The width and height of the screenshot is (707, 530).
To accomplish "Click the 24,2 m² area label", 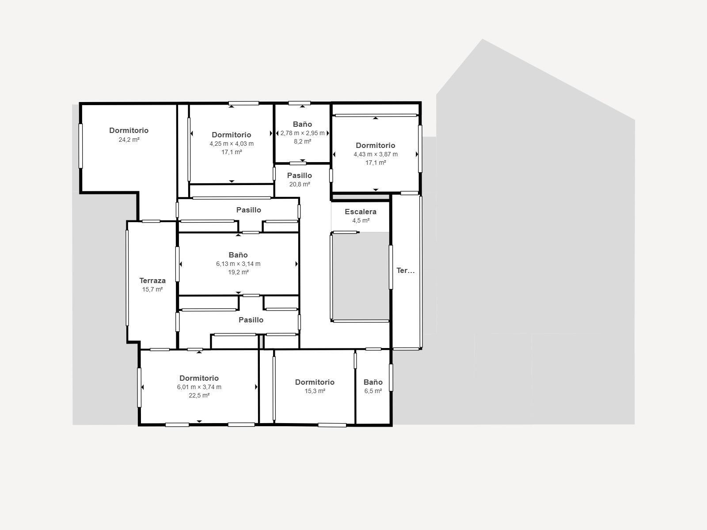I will coord(129,140).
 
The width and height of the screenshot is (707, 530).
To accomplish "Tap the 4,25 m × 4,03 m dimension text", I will coord(232,144).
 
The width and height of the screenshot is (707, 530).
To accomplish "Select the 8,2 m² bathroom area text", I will coord(302,142).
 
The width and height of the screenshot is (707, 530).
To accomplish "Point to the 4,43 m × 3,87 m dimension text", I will coord(376,154).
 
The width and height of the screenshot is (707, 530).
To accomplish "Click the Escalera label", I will coord(361,212).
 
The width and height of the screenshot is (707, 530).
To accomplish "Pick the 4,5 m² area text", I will coord(361,220).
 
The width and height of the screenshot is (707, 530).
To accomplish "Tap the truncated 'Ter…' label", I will coord(405,271).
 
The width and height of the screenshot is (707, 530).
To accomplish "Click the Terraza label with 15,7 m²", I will coord(152,280).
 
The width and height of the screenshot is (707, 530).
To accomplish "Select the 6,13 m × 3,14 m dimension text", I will coord(238,264).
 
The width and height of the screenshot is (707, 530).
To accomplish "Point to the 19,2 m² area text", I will coord(238,272).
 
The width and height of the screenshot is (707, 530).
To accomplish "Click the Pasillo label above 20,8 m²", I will coord(300,175).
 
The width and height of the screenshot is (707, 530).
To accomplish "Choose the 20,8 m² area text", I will coord(300,184).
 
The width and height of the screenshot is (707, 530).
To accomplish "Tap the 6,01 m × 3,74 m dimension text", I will coord(199,387).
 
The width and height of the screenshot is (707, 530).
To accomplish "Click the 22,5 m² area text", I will coord(199,395).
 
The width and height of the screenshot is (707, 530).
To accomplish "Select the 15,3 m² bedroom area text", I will coord(315,391).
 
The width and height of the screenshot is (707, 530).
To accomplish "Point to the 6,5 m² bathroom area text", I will coord(373,391).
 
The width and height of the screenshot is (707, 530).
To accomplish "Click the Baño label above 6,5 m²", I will coord(373,382).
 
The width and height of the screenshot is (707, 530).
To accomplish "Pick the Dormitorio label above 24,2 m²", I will coord(129,130).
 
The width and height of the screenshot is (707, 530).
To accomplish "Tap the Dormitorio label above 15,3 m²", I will coord(315,382).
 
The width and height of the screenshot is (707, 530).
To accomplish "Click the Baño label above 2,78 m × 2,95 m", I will coord(302,124).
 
